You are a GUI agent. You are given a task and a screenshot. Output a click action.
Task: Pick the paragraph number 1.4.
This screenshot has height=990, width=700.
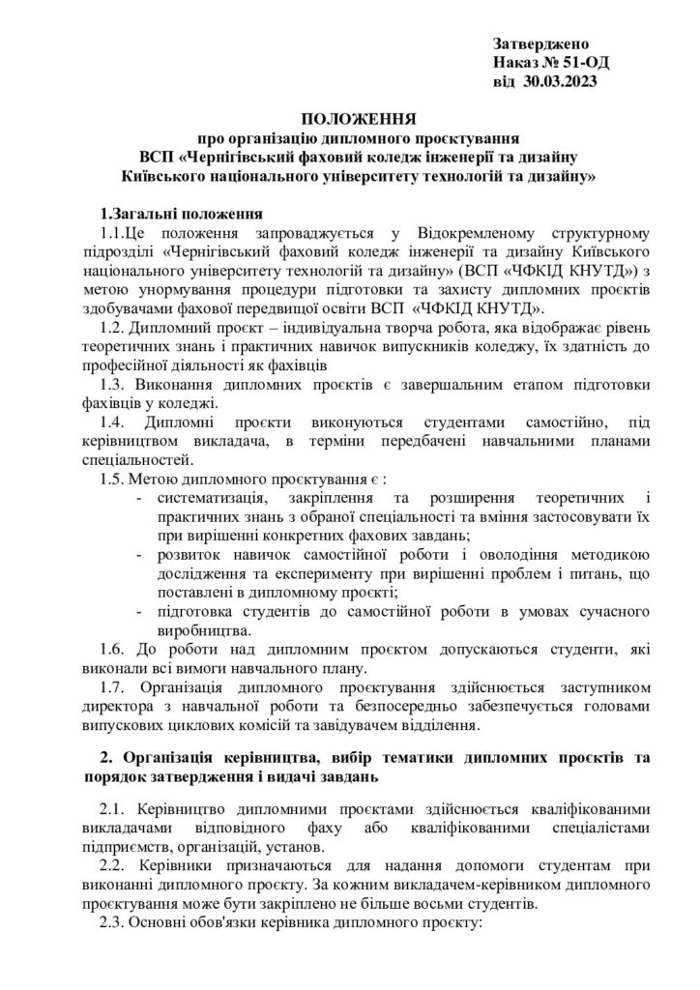tap(116, 423)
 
